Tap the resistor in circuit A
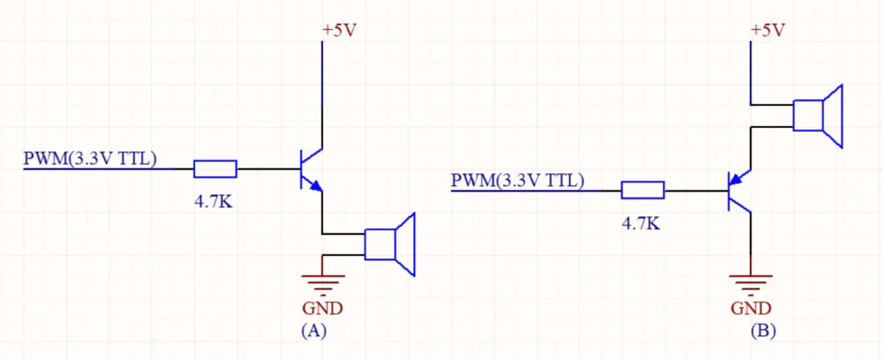[215, 169]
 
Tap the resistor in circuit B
[642, 191]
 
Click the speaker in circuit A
[390, 244]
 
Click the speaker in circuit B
[818, 116]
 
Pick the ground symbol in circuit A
[322, 280]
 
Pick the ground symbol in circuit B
[751, 280]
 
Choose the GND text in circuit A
[322, 307]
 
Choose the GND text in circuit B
[751, 307]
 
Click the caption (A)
[313, 331]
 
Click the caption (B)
[763, 331]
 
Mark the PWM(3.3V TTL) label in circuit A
[89, 158]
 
